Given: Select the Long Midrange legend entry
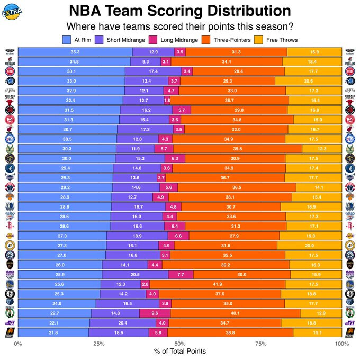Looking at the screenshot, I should pos(175,40).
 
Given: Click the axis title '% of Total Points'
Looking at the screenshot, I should pos(180,352).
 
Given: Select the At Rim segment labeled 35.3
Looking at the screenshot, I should pos(75,52).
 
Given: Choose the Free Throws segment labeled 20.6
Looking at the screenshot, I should pos(309,81).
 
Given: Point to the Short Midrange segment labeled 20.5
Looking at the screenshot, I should pos(135,275).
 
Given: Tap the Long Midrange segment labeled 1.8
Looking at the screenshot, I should pos(167,100).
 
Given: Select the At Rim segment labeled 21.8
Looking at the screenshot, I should pos(53,332).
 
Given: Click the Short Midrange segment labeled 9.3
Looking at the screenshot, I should pos(146,61).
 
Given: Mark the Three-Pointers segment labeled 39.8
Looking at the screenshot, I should pos(238,149).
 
